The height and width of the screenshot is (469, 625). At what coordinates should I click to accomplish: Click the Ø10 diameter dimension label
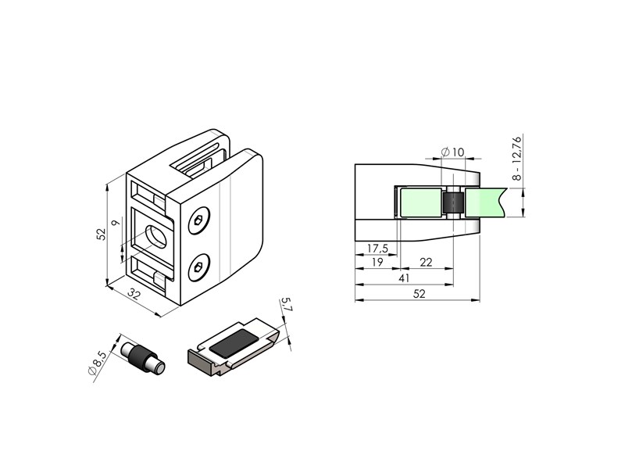453,152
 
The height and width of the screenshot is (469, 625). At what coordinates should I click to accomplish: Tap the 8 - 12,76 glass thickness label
516,159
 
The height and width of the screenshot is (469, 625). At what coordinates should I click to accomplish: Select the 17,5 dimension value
377,249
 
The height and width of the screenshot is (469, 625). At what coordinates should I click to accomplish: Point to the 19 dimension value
377,262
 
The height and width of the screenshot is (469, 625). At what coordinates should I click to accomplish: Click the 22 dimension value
426,262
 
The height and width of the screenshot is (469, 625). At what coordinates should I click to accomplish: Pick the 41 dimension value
404,278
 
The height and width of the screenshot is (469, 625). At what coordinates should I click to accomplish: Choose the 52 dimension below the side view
420,294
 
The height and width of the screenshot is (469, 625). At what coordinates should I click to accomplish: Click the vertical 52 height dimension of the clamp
102,234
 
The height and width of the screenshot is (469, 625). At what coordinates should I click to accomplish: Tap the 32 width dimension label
134,295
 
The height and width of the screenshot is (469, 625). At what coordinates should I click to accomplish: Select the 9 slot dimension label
116,223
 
